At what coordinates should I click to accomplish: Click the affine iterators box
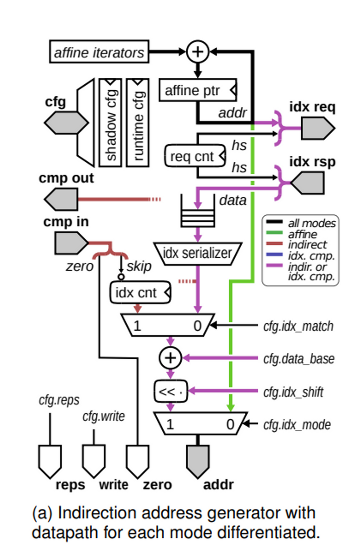(x=99, y=52)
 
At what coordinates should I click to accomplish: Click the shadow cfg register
(x=111, y=122)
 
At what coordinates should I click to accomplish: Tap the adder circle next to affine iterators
(x=198, y=52)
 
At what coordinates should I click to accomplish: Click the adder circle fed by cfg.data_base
(x=170, y=358)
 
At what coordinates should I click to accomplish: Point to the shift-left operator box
(x=171, y=391)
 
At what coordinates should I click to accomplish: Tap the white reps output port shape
(x=50, y=461)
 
